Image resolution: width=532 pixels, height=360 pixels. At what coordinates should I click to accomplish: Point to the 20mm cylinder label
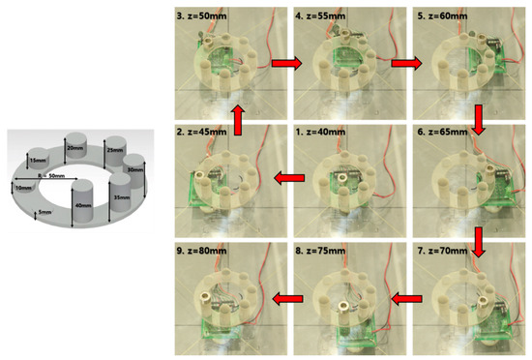click(74, 148)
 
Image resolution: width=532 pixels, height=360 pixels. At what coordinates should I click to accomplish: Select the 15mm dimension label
click(40, 160)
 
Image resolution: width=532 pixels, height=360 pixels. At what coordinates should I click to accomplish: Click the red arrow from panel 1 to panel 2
click(287, 178)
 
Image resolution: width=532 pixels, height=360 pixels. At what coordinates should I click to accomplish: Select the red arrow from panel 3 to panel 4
click(287, 64)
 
